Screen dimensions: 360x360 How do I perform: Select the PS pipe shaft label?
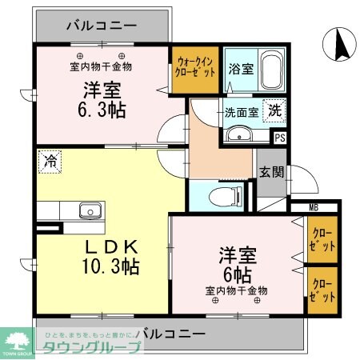pyautogui.click(x=279, y=138)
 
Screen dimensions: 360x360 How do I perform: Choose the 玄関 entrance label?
pyautogui.click(x=271, y=170)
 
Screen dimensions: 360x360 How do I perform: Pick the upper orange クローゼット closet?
pyautogui.click(x=324, y=239)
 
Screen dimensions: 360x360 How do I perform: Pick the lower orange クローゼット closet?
pyautogui.click(x=324, y=287)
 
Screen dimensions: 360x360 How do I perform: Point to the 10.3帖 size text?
pyautogui.click(x=110, y=266)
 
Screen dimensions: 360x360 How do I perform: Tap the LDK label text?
pyautogui.click(x=110, y=244)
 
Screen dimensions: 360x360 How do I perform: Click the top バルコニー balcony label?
pyautogui.click(x=102, y=25)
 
